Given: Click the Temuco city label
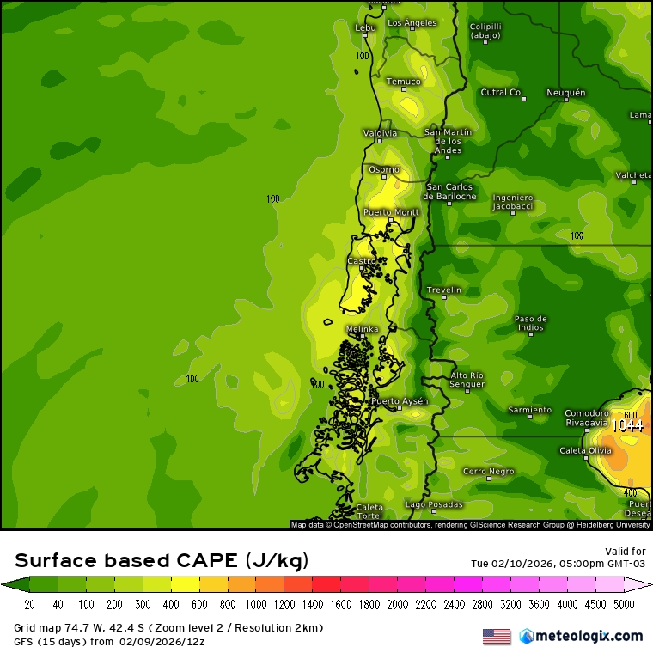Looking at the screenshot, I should (403, 82).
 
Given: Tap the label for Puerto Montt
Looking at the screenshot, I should (391, 211).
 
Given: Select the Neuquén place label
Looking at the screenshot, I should (565, 92).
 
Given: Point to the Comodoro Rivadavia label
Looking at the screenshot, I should (587, 418).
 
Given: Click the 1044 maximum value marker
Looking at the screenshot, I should (627, 424).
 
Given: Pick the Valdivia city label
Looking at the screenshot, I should (380, 133).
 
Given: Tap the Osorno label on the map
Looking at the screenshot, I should (384, 169).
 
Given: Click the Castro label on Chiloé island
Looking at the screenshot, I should (361, 260).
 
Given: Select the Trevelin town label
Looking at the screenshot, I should (444, 290).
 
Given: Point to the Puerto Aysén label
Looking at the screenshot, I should (400, 401).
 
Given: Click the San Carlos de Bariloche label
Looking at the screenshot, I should (451, 192).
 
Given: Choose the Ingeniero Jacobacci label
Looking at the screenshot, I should (513, 202).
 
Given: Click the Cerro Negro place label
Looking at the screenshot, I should (489, 471).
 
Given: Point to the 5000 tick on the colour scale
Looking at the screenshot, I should (624, 604).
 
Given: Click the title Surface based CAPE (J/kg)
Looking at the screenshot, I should (162, 561).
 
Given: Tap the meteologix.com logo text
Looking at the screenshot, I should (589, 636).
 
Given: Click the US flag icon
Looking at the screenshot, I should (497, 636).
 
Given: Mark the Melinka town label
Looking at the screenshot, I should (362, 329).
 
